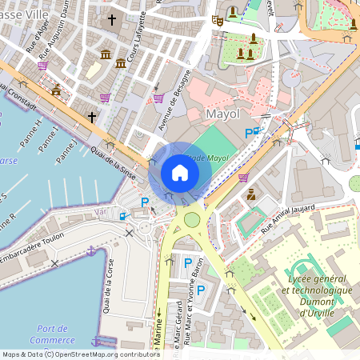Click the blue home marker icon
pos(180,173)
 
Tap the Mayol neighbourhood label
pos(222,114)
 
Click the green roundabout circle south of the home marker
pos(191,219)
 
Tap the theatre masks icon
pos(217,20)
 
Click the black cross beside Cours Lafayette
pos(112,18)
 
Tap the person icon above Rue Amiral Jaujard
pos(250,194)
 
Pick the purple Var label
pos(101,211)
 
